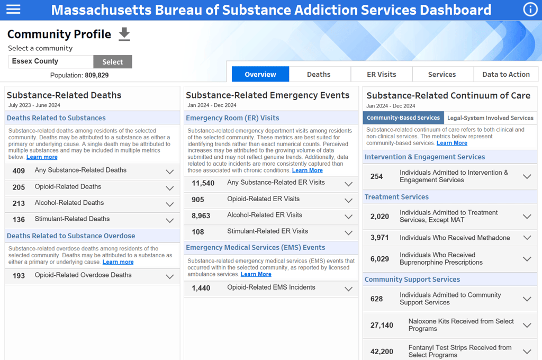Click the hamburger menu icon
click(13, 10)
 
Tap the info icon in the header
click(530, 10)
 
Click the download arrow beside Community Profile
click(124, 34)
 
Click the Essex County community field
click(51, 61)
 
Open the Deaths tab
click(319, 74)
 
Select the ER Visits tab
click(382, 74)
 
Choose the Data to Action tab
click(506, 74)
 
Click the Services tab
click(442, 74)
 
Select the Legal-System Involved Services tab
click(491, 118)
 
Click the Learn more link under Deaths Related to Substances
click(42, 157)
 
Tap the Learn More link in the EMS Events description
click(256, 274)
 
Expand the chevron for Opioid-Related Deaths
click(170, 188)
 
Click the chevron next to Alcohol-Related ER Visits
click(348, 217)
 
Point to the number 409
click(19, 171)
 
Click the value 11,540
click(203, 183)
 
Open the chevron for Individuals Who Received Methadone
click(527, 238)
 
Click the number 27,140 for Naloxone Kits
click(382, 325)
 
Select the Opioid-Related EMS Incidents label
click(271, 287)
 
